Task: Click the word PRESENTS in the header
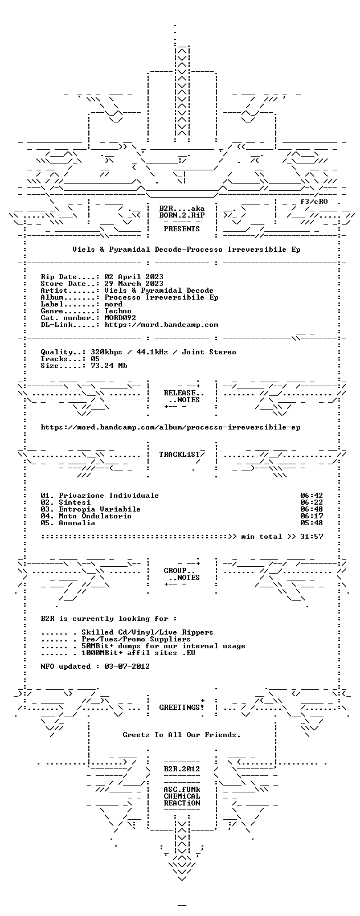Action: click(x=182, y=229)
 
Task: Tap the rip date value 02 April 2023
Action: click(x=134, y=277)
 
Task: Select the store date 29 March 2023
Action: click(x=134, y=284)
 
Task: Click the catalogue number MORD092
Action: click(x=120, y=318)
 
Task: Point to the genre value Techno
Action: click(x=118, y=311)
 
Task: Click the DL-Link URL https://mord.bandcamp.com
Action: click(x=161, y=325)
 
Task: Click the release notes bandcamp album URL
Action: click(x=170, y=427)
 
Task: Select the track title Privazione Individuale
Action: click(x=109, y=496)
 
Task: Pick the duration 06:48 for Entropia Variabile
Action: click(x=312, y=509)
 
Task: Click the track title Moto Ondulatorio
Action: click(x=95, y=516)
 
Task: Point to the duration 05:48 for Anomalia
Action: click(x=312, y=523)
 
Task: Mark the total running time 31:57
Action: click(x=312, y=537)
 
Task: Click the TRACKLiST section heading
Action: click(x=179, y=455)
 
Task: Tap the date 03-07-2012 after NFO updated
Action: click(x=127, y=666)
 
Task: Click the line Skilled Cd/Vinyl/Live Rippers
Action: click(x=148, y=633)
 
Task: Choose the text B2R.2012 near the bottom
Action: click(x=182, y=769)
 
